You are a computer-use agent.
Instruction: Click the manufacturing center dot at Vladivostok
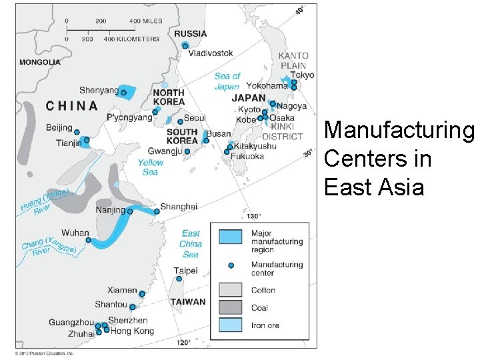point(185,45)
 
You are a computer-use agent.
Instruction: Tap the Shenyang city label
point(99,91)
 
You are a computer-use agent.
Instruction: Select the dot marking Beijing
point(77,132)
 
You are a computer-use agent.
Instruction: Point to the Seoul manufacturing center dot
point(180,121)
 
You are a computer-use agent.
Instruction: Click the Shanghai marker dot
point(157,211)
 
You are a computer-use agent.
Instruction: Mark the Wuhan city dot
point(88,240)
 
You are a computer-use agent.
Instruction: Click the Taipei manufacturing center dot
point(179,279)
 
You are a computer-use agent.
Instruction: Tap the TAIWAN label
point(188,302)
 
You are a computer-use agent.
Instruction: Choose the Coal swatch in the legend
point(231,308)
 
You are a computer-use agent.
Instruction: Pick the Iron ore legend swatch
point(231,326)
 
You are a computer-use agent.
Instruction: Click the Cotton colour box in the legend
point(231,290)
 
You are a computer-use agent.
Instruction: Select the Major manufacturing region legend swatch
point(231,237)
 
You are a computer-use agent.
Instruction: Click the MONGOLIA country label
point(40,63)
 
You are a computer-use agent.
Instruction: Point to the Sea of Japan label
point(227,81)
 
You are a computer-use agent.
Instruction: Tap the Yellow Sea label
point(150,167)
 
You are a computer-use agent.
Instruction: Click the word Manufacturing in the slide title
point(399,130)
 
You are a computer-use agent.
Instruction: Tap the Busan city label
point(218,134)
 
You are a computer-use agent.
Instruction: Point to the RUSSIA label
point(191,33)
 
